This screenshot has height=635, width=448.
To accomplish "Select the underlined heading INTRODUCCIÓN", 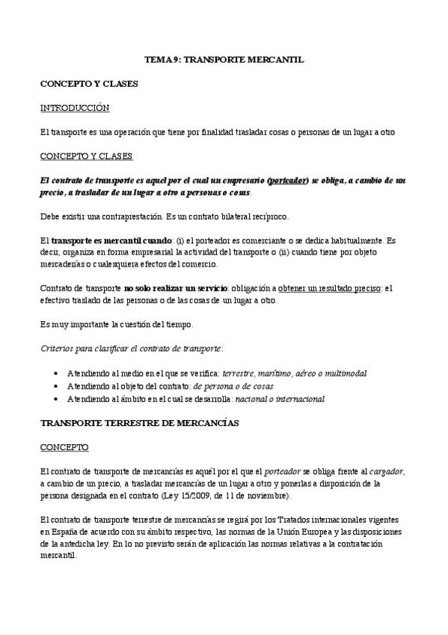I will click(75, 108).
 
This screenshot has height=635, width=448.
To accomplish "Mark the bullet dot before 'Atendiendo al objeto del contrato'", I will click(57, 386).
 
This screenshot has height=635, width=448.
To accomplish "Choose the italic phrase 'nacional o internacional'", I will click(280, 399).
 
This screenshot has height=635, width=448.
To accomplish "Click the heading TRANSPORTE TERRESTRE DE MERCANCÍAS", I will click(139, 423).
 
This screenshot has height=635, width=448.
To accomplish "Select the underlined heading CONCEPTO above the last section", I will click(64, 447).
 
